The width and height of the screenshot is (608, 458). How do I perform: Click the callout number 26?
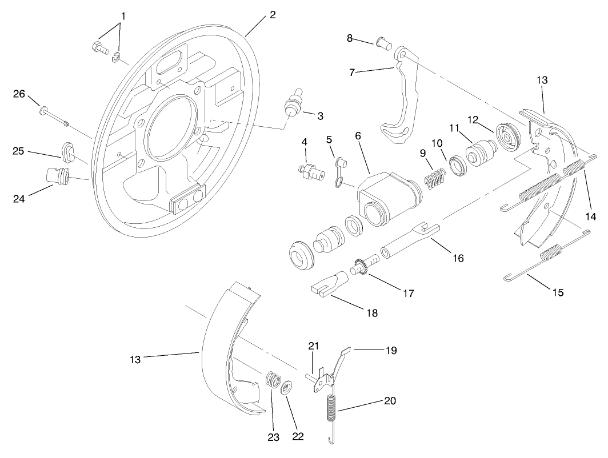(20, 94)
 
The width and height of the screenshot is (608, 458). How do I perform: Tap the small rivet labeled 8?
(383, 42)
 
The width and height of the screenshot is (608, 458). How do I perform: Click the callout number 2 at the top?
(273, 15)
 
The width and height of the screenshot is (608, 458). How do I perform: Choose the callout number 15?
(558, 292)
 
